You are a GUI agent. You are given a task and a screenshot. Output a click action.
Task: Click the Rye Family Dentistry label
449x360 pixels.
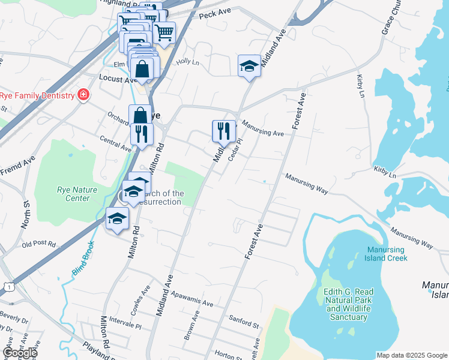coord(37,95)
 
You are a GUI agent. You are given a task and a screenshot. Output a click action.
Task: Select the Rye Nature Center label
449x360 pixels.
coord(77,194)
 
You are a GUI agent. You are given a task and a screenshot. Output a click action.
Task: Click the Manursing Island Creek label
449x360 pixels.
coord(385,254)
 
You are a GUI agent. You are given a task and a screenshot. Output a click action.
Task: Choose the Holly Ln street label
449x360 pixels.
coord(187,62)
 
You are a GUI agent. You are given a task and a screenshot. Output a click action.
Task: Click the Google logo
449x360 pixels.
coord(20,352)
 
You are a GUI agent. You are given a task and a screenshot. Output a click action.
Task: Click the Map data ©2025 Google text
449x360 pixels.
coord(412,355)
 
